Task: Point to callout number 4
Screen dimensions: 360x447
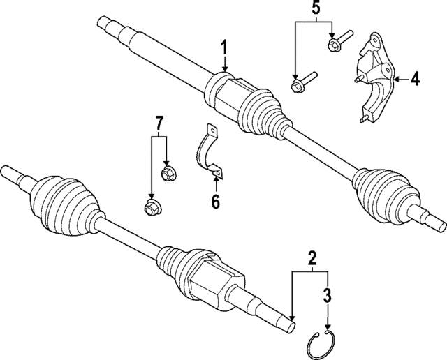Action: (x=415, y=80)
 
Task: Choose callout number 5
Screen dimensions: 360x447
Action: (x=316, y=10)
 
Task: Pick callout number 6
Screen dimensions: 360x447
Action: (x=215, y=202)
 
